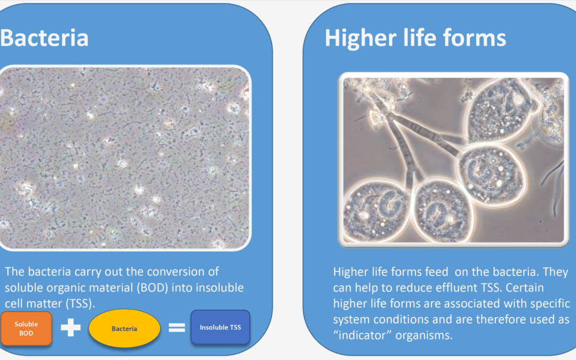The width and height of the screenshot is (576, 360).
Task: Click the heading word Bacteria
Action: click(x=44, y=38)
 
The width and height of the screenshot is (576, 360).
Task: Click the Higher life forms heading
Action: click(x=415, y=38)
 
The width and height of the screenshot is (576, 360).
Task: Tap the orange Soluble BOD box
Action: click(x=26, y=329)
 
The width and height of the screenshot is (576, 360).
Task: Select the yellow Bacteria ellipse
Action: click(x=124, y=329)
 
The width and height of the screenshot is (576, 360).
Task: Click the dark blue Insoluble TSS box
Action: click(x=220, y=327)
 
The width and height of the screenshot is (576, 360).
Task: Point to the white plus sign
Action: click(x=70, y=327)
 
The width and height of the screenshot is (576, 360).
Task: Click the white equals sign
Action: click(x=177, y=327)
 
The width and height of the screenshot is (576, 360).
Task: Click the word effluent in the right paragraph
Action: click(x=458, y=287)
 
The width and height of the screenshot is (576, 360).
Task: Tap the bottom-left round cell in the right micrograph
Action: click(x=376, y=211)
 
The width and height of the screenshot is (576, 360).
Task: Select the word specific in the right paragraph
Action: click(x=550, y=304)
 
